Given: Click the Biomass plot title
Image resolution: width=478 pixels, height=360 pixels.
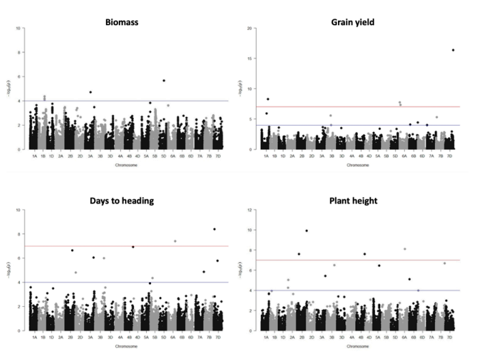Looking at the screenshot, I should pyautogui.click(x=122, y=22).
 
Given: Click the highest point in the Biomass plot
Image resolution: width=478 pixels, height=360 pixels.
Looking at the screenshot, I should pyautogui.click(x=164, y=81).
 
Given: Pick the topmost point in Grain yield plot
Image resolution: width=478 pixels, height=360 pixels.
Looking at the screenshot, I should pyautogui.click(x=453, y=50).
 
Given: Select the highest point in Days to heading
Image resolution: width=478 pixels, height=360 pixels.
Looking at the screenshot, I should pyautogui.click(x=214, y=229).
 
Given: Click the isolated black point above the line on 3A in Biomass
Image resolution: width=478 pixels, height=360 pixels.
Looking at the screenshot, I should pyautogui.click(x=90, y=92).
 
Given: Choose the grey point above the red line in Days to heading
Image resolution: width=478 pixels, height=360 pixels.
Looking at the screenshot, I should pyautogui.click(x=175, y=241).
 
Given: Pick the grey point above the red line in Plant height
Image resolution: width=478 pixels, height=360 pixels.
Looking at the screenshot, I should pyautogui.click(x=405, y=249).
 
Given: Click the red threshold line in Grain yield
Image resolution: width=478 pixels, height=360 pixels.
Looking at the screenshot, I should pyautogui.click(x=355, y=107).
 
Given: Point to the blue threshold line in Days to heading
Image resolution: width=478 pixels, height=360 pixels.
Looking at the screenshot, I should pyautogui.click(x=123, y=282).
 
